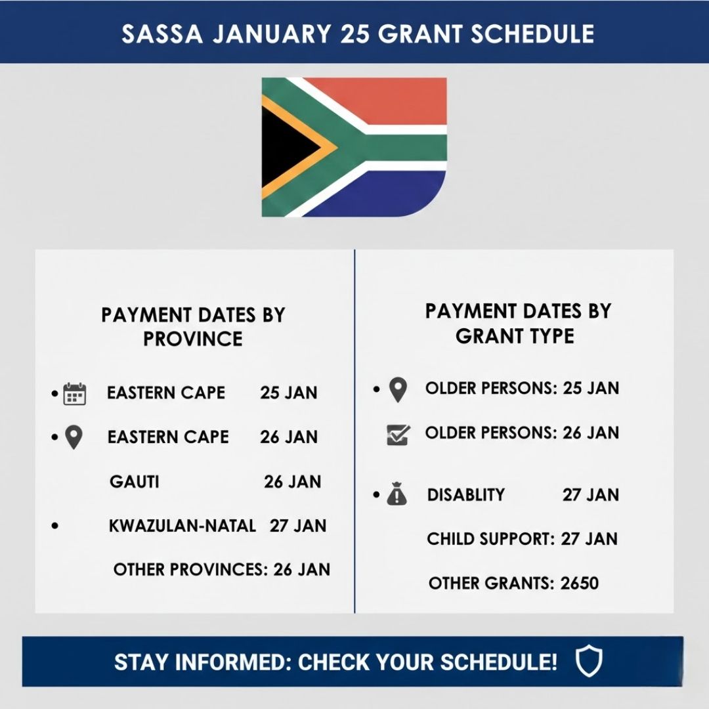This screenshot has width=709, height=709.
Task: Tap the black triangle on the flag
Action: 286,147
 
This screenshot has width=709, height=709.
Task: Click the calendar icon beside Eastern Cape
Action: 75,394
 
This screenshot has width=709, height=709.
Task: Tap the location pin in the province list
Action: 74,438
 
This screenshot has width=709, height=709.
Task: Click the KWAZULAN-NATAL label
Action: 183,526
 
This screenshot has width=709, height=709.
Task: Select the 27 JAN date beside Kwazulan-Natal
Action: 298,526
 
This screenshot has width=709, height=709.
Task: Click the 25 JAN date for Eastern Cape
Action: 289,393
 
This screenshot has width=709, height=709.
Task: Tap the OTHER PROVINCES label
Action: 190,569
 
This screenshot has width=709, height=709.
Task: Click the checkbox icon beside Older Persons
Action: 398,435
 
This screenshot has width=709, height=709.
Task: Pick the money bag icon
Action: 397,495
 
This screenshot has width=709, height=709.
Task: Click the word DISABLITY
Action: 466,495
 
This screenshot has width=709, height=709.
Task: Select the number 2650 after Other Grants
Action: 580,583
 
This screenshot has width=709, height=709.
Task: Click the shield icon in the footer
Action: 589,662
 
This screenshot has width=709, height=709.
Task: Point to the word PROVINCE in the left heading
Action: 193,339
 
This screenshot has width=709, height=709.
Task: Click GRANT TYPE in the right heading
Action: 515,336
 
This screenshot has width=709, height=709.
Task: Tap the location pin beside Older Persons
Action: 398,390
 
